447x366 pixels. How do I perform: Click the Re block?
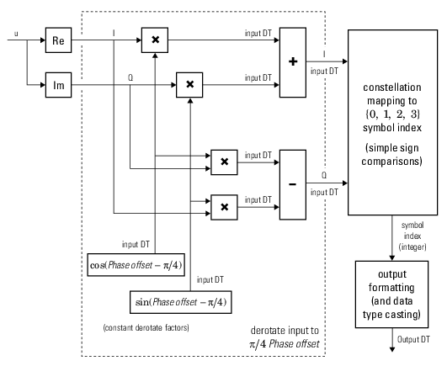point(58,40)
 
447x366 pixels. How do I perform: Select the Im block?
point(58,84)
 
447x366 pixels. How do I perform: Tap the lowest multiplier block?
point(223,204)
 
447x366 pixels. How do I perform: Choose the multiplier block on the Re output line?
point(156,40)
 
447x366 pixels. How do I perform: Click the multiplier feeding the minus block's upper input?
point(223,161)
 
